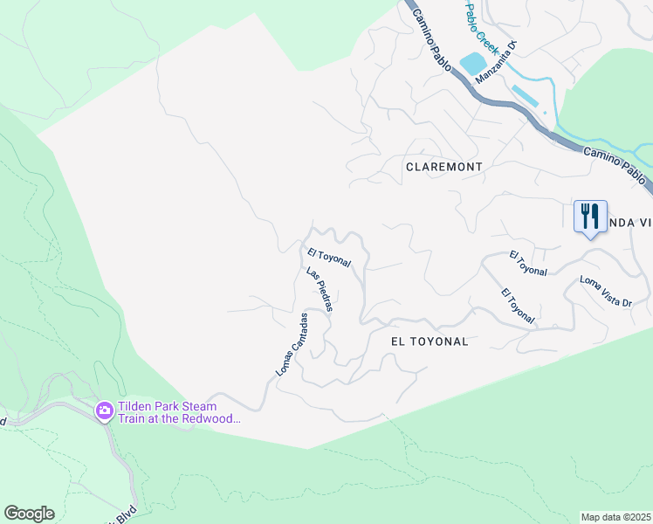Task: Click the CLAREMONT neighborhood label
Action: (x=443, y=166)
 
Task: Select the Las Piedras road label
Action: (x=320, y=289)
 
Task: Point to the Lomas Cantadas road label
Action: (x=292, y=345)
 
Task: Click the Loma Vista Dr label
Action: (x=605, y=291)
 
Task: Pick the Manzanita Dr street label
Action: (x=497, y=64)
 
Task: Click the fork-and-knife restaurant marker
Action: (x=590, y=215)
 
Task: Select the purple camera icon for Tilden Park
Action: (x=105, y=410)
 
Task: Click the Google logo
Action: (x=29, y=514)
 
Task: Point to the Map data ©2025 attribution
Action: (x=615, y=517)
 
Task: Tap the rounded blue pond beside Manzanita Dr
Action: (x=472, y=63)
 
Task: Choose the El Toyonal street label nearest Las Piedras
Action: (x=329, y=258)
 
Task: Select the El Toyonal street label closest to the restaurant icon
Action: (x=528, y=264)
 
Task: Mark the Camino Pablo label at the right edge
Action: (x=618, y=166)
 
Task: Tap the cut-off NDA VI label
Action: (x=629, y=223)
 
